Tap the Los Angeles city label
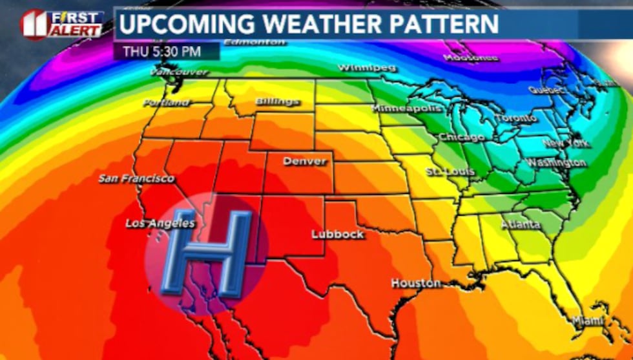click(x=160, y=224)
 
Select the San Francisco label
click(x=136, y=178)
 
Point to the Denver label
click(x=305, y=161)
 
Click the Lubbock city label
click(x=338, y=234)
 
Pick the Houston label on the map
click(x=415, y=283)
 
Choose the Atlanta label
click(x=521, y=224)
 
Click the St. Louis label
click(x=450, y=171)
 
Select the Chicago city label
click(x=461, y=137)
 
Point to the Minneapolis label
click(x=407, y=108)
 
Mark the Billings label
click(x=277, y=101)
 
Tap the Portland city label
click(x=166, y=103)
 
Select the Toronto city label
click(x=517, y=118)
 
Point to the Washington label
click(x=556, y=162)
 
